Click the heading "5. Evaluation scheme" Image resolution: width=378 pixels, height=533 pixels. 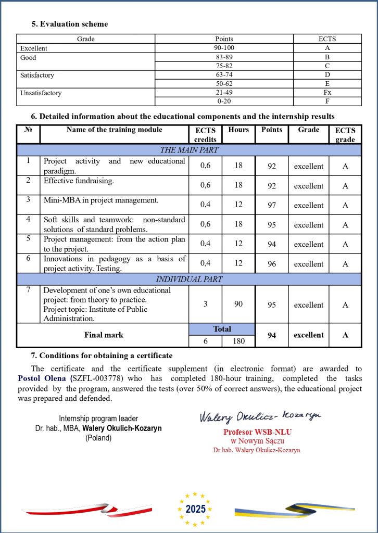tap(69, 24)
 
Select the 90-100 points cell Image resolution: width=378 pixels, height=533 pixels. tap(224, 48)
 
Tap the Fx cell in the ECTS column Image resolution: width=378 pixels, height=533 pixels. tap(327, 93)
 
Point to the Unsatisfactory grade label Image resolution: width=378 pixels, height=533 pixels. tap(41, 93)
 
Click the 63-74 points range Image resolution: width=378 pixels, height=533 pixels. tap(224, 75)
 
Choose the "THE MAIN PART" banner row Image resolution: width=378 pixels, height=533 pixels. tap(189, 150)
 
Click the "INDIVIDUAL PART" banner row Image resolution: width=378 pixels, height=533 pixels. tap(189, 279)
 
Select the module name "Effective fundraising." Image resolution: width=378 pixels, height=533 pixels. tap(79, 181)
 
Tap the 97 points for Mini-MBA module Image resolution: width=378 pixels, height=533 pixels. tap(272, 205)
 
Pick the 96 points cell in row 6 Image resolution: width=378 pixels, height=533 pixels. tap(272, 264)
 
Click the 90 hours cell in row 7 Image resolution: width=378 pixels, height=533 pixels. tap(238, 304)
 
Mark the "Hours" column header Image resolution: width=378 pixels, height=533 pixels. tap(238, 130)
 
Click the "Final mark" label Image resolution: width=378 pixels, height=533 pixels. tap(104, 335)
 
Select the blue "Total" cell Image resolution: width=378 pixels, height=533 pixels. tap(222, 329)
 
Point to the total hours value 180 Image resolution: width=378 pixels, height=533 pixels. tap(238, 341)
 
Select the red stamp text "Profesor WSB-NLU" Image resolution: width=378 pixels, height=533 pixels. tap(258, 432)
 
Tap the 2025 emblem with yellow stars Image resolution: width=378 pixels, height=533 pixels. tap(195, 509)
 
